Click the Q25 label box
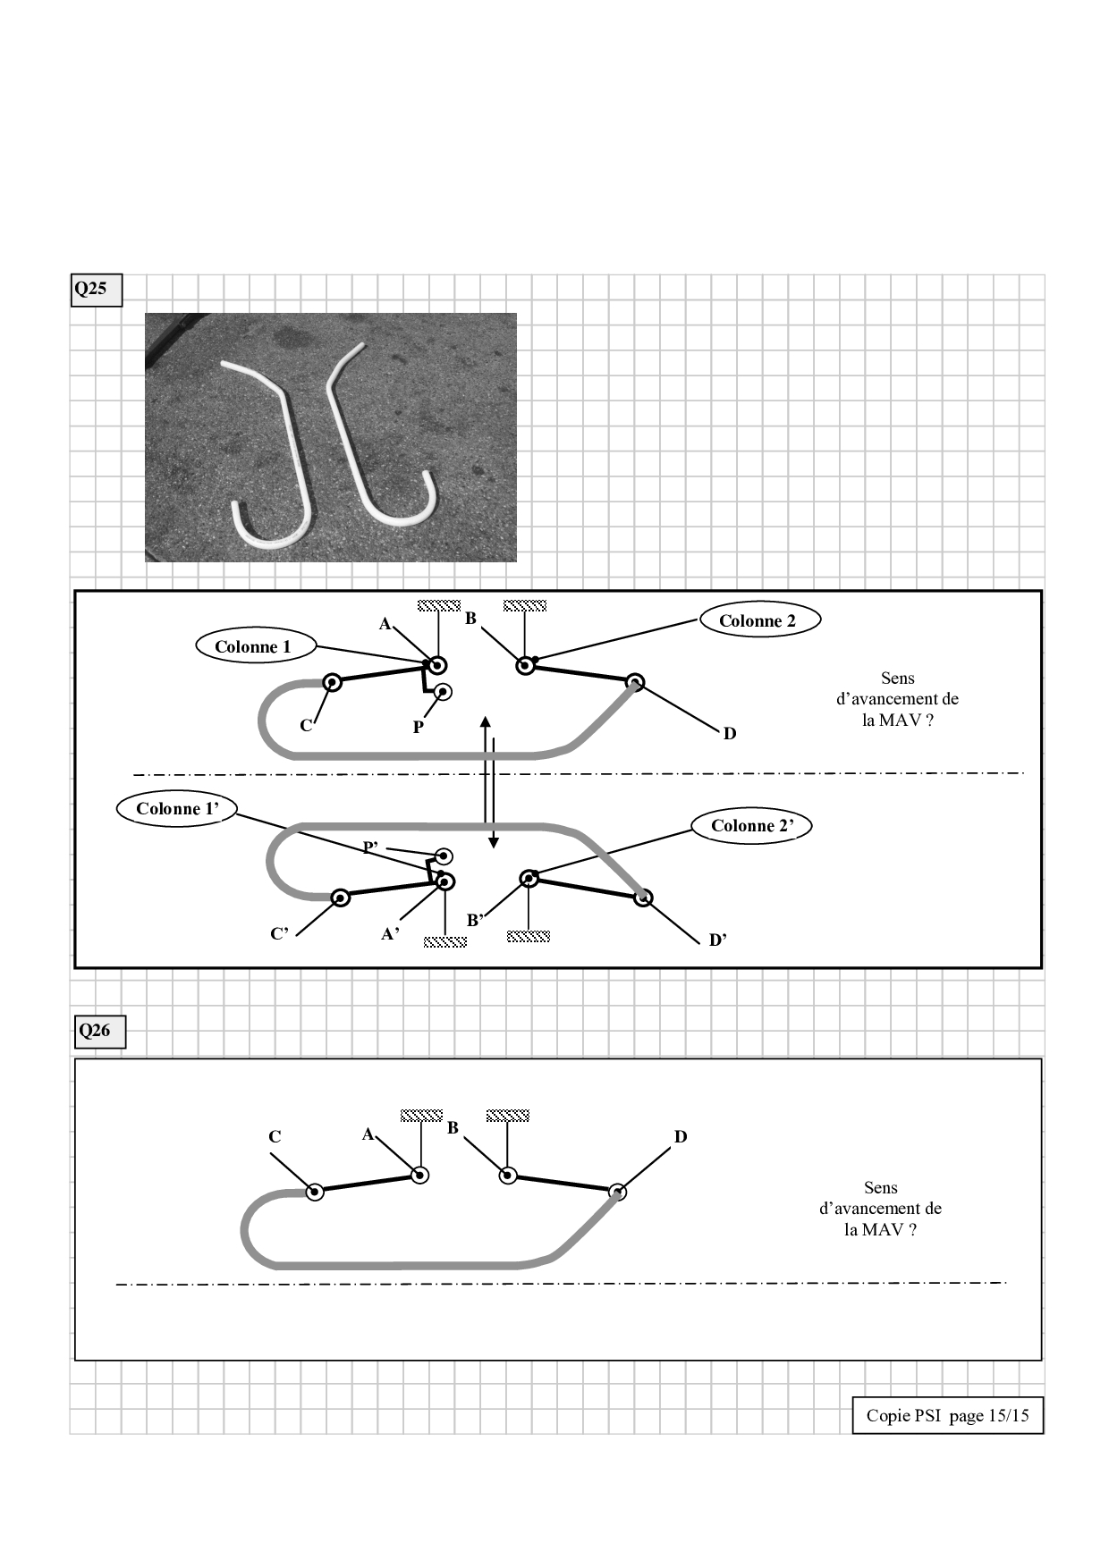[x=96, y=290]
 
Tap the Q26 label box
[x=99, y=1031]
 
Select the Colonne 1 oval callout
[x=253, y=646]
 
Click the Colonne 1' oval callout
[x=177, y=809]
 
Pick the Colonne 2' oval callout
[x=752, y=826]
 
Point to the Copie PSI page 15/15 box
[x=948, y=1415]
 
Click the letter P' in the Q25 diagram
[x=370, y=847]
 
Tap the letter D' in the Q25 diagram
[x=717, y=940]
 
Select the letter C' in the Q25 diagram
[x=279, y=934]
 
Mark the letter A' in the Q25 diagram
[x=390, y=934]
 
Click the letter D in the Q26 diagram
[x=681, y=1137]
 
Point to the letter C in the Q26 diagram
[x=275, y=1137]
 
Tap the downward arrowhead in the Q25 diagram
[x=493, y=842]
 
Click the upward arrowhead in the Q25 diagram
[x=485, y=722]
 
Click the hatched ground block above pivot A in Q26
[x=421, y=1116]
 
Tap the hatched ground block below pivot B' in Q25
[x=529, y=936]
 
